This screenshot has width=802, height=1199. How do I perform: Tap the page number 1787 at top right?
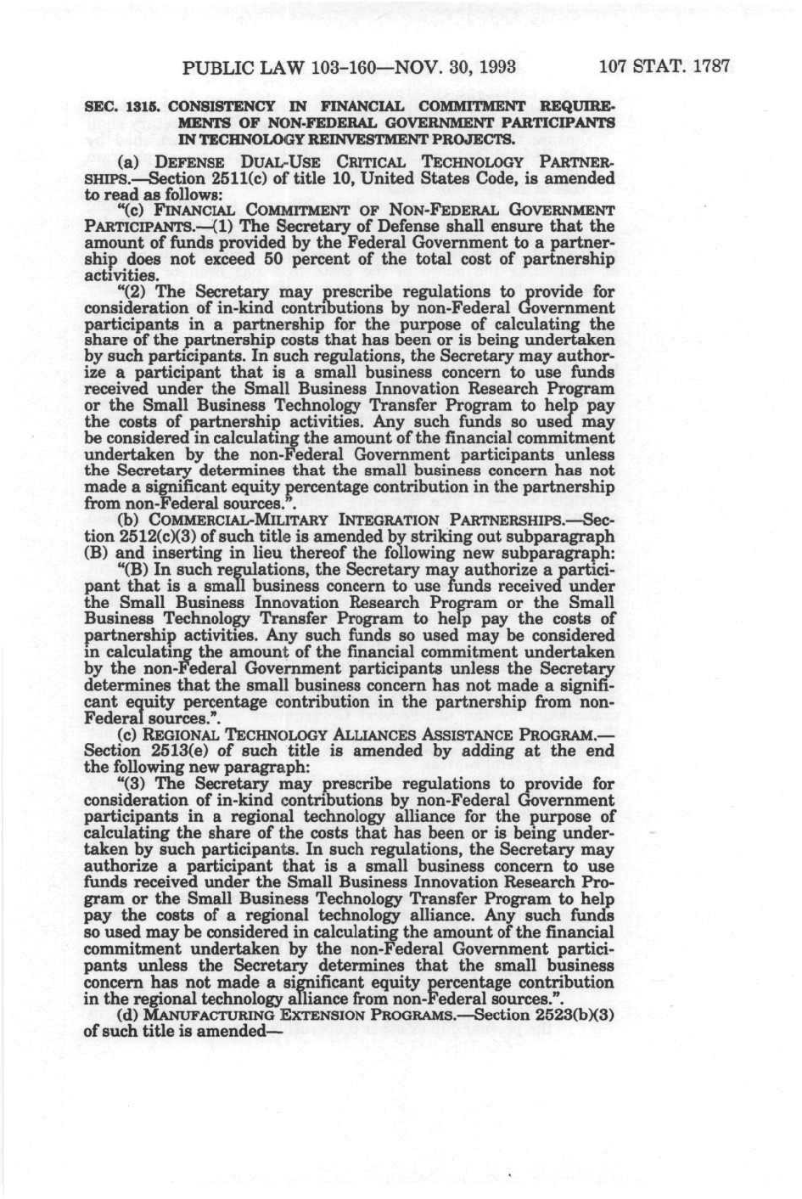[710, 65]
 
